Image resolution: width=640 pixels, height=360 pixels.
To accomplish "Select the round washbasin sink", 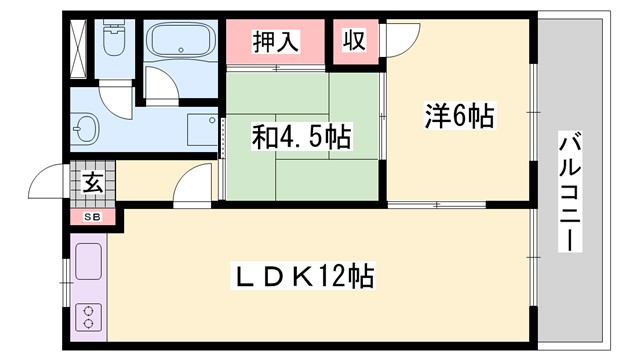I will coord(86,128).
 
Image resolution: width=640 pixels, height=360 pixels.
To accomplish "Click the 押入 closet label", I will coord(275,42).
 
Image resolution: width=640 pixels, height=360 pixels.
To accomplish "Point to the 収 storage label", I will coord(353,41).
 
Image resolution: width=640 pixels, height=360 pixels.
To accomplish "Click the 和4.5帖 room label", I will coord(301,137).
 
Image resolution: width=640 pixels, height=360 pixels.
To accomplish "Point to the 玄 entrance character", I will coord(91,183).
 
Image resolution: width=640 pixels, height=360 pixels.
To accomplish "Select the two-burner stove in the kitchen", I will coord(87,316).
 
